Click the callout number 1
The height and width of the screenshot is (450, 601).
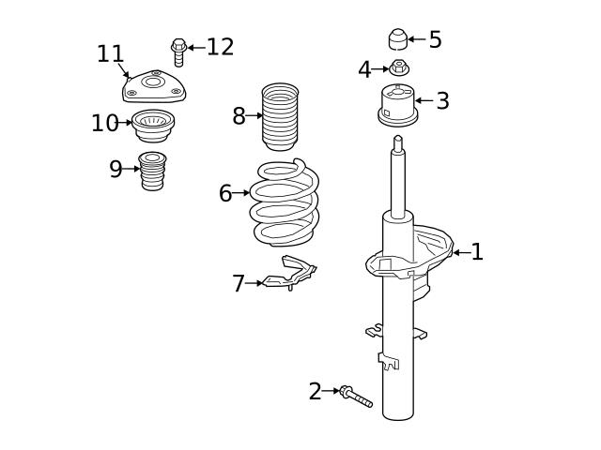477,252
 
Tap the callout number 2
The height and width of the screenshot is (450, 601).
315,392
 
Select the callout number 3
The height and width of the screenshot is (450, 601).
442,101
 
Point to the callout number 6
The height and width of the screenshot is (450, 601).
225,194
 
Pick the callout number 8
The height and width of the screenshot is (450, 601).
239,116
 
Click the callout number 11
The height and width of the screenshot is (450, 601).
110,54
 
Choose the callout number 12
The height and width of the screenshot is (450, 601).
220,47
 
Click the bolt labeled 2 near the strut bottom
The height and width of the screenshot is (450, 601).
356,397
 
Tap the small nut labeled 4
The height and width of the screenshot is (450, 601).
399,67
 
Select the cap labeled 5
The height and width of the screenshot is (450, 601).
398,39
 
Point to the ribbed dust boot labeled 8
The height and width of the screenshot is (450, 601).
280,117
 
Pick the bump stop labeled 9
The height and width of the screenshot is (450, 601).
153,171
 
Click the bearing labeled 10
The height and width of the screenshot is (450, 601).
153,124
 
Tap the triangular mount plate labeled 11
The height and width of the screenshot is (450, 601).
154,86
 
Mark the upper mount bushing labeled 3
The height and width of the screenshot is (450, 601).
397,103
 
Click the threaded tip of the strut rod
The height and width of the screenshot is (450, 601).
398,143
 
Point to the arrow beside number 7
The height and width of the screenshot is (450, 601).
254,283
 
